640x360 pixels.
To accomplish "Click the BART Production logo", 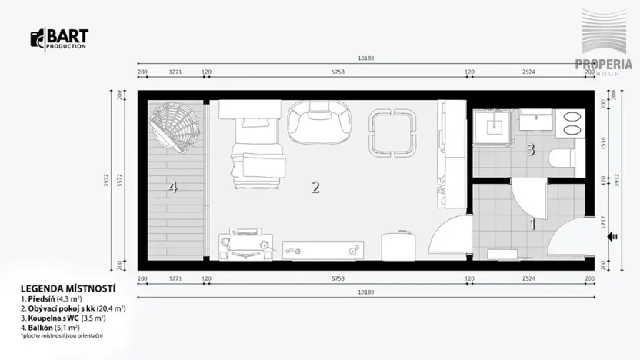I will pyautogui.click(x=59, y=39).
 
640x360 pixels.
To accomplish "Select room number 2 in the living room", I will pyautogui.click(x=315, y=186).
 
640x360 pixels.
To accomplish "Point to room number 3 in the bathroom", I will pyautogui.click(x=530, y=149).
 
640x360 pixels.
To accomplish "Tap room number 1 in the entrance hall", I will pyautogui.click(x=531, y=225).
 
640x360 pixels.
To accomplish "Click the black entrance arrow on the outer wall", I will pyautogui.click(x=613, y=238).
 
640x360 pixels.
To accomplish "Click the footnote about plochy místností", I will pyautogui.click(x=62, y=335).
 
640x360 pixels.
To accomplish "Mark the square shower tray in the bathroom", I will pyautogui.click(x=492, y=125).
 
